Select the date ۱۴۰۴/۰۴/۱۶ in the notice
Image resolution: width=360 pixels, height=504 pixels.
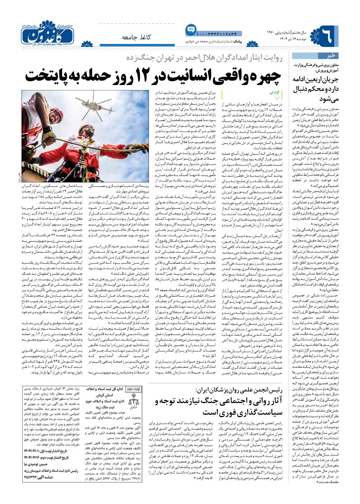33,457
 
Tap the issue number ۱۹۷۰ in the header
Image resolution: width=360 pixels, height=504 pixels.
272,33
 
